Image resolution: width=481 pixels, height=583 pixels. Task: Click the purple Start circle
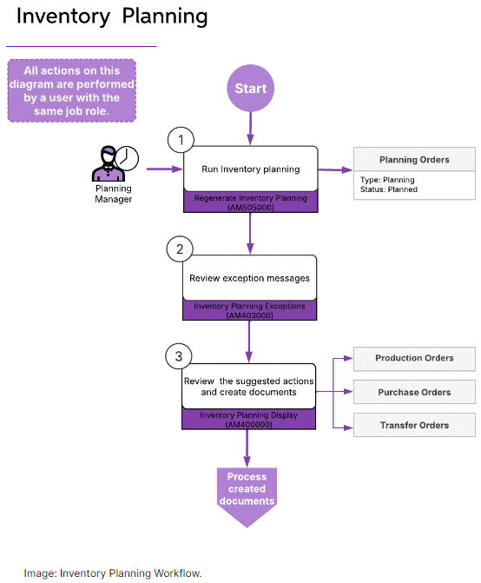[x=250, y=88]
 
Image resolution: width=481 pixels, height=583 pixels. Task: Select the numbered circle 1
[x=181, y=140]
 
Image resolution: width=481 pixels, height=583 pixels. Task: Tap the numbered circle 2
[x=180, y=248]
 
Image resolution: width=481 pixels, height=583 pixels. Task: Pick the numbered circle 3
[x=179, y=356]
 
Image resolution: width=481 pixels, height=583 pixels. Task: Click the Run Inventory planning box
[x=251, y=169]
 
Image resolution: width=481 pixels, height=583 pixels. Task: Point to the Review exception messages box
[x=249, y=278]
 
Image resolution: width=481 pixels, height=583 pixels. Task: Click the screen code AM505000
[x=251, y=208]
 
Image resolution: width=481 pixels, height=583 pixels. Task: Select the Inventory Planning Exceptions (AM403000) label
[x=249, y=310]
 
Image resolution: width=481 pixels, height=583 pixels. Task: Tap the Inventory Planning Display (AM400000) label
[x=249, y=420]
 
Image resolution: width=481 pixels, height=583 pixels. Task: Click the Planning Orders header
[x=414, y=160]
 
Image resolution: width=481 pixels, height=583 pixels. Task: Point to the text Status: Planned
[x=389, y=189]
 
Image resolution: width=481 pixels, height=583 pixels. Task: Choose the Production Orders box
[x=414, y=359]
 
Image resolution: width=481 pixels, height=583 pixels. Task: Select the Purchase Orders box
[x=414, y=392]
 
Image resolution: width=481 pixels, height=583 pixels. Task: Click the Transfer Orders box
[x=414, y=425]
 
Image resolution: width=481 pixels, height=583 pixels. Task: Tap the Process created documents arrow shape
[x=247, y=494]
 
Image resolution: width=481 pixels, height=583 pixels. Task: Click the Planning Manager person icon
[x=108, y=163]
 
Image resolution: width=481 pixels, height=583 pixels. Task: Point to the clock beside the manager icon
[x=127, y=158]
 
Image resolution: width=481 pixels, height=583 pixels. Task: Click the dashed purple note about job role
[x=72, y=90]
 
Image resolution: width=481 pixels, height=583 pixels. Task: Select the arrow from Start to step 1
[x=250, y=129]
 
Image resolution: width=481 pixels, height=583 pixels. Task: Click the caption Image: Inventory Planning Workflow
[x=113, y=573]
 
